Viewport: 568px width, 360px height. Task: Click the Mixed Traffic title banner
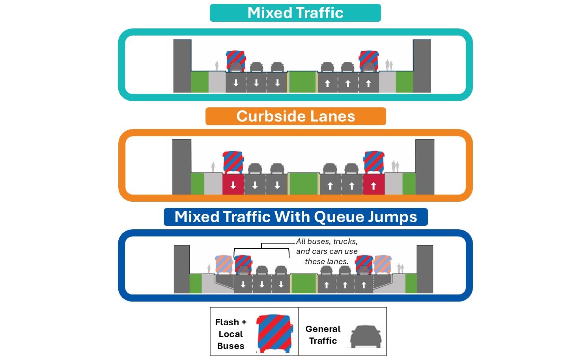(295, 13)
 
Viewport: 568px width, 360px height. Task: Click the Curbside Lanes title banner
(295, 116)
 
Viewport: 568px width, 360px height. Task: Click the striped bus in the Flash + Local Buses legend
(275, 334)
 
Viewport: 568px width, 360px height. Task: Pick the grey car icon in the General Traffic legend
(366, 337)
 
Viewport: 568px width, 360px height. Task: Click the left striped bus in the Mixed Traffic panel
(236, 61)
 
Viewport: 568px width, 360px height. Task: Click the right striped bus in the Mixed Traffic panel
(369, 61)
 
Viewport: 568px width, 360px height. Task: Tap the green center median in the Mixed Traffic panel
(303, 82)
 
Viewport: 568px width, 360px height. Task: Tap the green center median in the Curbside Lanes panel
(303, 184)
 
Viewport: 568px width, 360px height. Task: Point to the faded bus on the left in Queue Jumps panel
(224, 264)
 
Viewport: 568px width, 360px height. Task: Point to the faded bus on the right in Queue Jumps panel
(383, 264)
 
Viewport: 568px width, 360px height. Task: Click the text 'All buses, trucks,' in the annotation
(327, 242)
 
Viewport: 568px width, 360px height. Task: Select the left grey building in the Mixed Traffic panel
(182, 66)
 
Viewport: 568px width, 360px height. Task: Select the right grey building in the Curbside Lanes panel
(425, 167)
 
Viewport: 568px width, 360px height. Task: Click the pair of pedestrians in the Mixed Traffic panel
(389, 65)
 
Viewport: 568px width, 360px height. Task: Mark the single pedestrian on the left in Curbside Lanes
(213, 167)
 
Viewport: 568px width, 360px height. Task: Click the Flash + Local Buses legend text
(231, 334)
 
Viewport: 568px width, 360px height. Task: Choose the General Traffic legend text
(323, 335)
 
